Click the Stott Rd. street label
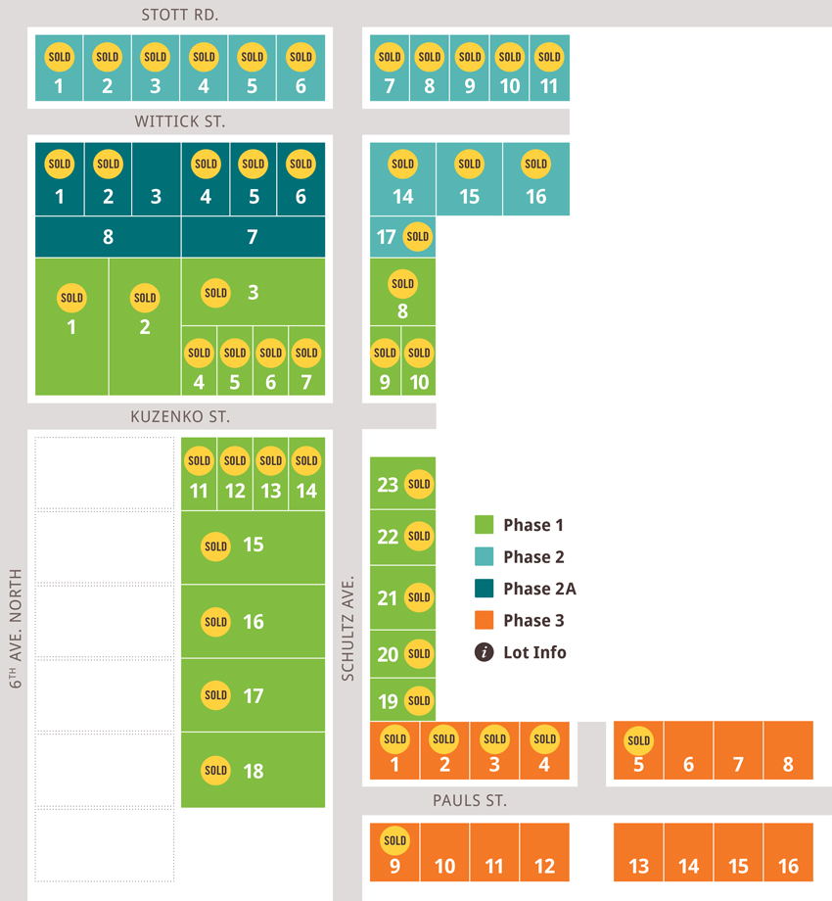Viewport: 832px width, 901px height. click(180, 15)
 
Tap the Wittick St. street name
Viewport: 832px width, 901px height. click(180, 121)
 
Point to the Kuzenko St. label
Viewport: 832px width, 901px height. click(180, 416)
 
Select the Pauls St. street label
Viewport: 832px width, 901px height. click(470, 800)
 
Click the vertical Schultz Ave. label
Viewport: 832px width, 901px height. click(347, 628)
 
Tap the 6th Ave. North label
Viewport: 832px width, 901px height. click(16, 629)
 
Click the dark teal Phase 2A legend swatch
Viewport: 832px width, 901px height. click(485, 589)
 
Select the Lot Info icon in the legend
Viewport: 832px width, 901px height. click(485, 652)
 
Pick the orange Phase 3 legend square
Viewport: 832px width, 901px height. click(485, 621)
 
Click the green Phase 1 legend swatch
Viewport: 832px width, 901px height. click(485, 525)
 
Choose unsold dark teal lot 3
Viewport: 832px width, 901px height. click(157, 179)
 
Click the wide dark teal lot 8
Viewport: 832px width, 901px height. click(108, 237)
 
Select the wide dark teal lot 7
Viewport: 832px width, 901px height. click(254, 237)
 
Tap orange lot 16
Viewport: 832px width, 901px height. click(788, 852)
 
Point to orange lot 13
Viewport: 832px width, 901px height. click(638, 852)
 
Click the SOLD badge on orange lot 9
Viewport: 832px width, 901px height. click(395, 840)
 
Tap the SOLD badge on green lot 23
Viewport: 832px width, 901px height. click(419, 484)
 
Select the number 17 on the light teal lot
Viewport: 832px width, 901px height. click(387, 237)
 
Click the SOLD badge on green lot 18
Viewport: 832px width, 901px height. click(216, 771)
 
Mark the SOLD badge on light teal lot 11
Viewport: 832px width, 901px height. click(549, 57)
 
